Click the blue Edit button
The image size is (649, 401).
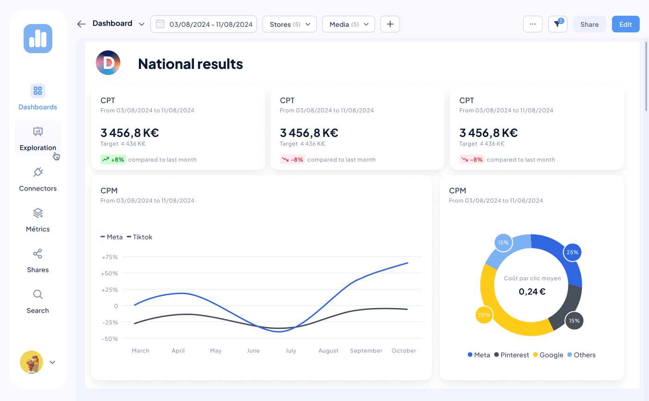coord(625,25)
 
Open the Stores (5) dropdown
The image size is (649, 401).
coord(289,25)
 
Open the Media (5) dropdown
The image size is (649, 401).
coord(348,25)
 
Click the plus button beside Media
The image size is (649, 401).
coord(390,25)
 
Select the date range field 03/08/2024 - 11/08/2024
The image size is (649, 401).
coord(204,25)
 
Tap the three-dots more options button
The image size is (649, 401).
coord(532,25)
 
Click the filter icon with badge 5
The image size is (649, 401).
coord(557,25)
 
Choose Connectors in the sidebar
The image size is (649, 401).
coord(38,179)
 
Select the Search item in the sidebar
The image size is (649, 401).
coord(38,301)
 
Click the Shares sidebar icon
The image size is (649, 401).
coord(38,254)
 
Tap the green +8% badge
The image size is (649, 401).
coord(113,160)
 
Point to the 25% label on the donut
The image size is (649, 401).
coord(573,253)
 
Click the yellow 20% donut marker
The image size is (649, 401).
coord(484,315)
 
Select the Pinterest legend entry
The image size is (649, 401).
coord(512,355)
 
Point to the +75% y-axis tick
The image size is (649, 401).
coord(110,257)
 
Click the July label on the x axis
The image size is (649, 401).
coord(291,351)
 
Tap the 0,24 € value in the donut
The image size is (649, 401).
coord(532,292)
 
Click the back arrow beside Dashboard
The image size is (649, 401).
coord(81,24)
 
